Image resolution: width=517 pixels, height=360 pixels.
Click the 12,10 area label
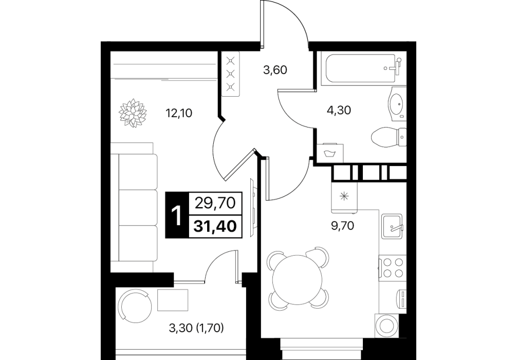(x=179, y=114)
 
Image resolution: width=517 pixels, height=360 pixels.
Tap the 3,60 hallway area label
(x=275, y=70)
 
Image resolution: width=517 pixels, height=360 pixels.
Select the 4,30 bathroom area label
(x=339, y=110)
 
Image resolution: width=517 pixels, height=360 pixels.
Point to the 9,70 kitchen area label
(x=342, y=226)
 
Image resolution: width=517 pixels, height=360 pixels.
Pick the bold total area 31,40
(x=215, y=226)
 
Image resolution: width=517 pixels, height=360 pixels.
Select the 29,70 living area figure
(x=215, y=203)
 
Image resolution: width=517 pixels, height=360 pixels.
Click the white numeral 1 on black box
(x=177, y=215)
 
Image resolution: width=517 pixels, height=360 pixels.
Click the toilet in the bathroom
(x=389, y=137)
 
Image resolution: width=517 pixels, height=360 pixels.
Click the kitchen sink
(x=392, y=226)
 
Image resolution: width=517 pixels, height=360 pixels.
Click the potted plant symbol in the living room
(x=132, y=113)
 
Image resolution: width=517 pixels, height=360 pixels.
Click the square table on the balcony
(x=173, y=300)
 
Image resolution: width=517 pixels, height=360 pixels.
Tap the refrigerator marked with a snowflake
(x=344, y=197)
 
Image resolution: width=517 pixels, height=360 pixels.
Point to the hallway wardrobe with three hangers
(x=230, y=74)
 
